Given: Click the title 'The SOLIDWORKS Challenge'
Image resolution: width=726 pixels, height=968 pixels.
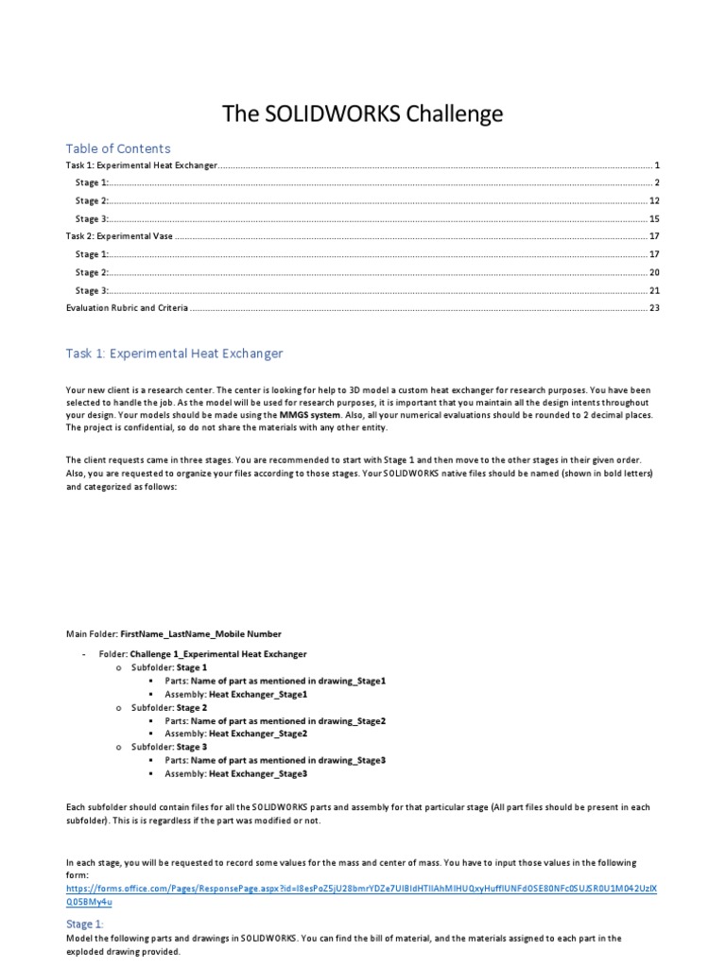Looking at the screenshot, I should tap(362, 114).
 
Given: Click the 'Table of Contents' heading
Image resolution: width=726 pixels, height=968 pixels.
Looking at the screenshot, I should tap(118, 148).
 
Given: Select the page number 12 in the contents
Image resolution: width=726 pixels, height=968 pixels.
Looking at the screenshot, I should tap(653, 200).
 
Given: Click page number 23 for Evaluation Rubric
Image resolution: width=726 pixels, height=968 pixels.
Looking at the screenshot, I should tap(653, 308).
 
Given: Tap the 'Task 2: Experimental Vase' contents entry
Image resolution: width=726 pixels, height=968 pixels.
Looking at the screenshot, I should tap(119, 236).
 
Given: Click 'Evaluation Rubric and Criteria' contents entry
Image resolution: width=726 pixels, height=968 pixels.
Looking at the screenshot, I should tap(127, 308).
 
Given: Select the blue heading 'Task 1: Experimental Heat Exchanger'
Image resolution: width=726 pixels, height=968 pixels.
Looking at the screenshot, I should tap(174, 354).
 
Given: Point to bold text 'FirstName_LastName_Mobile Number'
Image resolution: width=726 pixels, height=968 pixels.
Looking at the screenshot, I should tap(200, 633).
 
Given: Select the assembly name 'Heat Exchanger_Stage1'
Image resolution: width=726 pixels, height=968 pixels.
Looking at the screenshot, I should tap(258, 693).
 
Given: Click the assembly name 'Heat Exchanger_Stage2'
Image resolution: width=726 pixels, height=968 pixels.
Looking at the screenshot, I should tap(258, 734).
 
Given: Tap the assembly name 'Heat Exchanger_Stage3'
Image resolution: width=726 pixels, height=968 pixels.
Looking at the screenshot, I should tap(258, 774).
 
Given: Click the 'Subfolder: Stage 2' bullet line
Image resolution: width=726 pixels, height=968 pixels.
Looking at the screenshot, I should tap(169, 707).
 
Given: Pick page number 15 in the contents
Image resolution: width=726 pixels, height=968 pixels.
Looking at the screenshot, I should tap(653, 218).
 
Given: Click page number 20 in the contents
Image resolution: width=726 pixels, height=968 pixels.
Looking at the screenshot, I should tap(653, 272).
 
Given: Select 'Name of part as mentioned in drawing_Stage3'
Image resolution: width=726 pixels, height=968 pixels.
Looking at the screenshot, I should tap(288, 760).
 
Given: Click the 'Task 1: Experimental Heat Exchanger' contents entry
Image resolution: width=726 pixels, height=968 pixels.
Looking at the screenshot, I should tap(142, 164).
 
